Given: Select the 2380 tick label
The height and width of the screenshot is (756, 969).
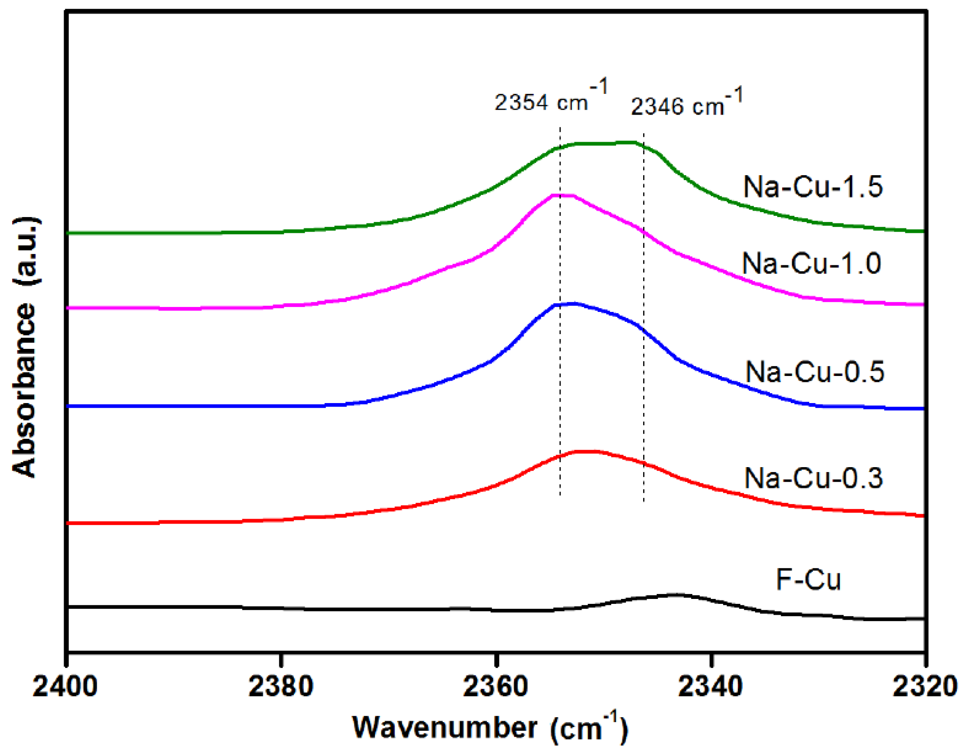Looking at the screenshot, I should coord(281,687).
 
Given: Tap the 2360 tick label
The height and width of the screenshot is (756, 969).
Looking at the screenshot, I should coord(496,687).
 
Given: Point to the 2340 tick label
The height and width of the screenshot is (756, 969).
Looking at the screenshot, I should coord(710,687).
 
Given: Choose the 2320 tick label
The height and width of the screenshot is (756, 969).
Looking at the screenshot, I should coord(925,687).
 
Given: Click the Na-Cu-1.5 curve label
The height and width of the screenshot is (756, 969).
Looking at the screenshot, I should coord(813,186).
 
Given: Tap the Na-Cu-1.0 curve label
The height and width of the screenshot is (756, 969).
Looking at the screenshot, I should coord(811,263).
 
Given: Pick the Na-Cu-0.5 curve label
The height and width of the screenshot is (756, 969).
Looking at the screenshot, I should coord(814,372).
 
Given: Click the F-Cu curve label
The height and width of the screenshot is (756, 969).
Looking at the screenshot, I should coord(808,580).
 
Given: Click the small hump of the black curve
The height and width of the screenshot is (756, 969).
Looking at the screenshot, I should coord(677,595).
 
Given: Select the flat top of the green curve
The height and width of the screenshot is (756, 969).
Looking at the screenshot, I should coord(605,143).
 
